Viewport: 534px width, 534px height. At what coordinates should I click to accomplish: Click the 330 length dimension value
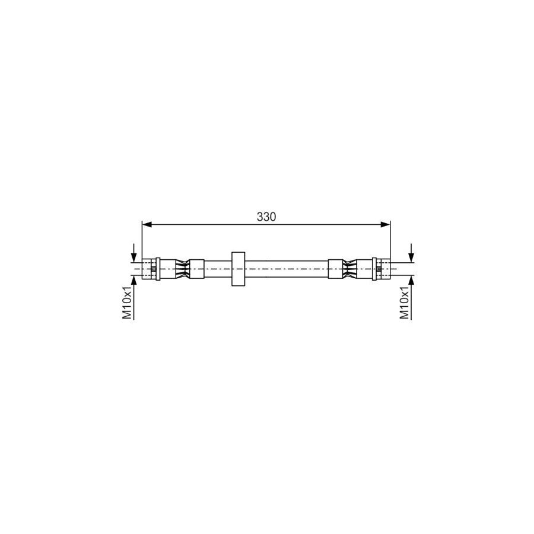click(x=266, y=217)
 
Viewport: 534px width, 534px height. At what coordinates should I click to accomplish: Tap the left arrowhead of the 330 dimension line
click(x=147, y=224)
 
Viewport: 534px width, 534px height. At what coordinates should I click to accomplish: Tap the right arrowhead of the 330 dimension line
click(x=386, y=224)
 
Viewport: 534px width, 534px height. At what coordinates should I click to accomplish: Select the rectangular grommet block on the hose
click(x=237, y=269)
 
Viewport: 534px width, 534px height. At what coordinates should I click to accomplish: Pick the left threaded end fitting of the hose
click(x=148, y=269)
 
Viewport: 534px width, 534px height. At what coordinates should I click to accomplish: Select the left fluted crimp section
click(x=180, y=269)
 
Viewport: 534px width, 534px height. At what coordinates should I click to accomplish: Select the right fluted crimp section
click(x=352, y=269)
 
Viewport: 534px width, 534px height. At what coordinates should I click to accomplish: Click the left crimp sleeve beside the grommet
click(x=196, y=269)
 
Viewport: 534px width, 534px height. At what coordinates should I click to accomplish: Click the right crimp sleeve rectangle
click(x=336, y=269)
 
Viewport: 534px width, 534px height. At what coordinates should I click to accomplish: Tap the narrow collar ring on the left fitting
click(x=158, y=269)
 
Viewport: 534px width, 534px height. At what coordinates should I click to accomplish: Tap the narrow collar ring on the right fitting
click(x=375, y=269)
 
